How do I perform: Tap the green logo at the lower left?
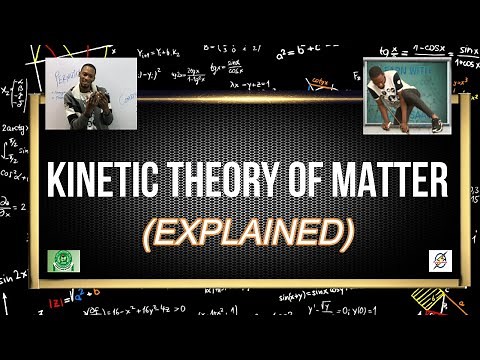[x=64, y=262]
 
